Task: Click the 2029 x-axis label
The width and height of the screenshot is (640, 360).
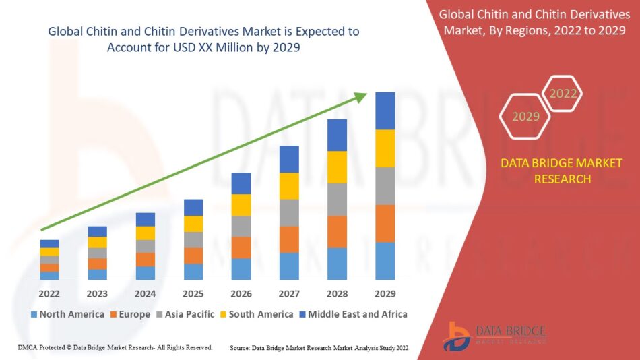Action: pyautogui.click(x=385, y=294)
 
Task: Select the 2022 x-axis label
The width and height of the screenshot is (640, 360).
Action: pyautogui.click(x=49, y=294)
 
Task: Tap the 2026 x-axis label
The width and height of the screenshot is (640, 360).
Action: pyautogui.click(x=241, y=294)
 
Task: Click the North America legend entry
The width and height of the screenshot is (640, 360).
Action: pyautogui.click(x=67, y=314)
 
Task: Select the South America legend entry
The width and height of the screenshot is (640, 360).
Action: pyautogui.click(x=256, y=314)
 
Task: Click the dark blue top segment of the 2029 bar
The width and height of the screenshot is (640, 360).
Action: pyautogui.click(x=385, y=111)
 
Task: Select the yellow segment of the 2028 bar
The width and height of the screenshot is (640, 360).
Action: pyautogui.click(x=337, y=167)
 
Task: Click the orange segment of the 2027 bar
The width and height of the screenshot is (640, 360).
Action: pyautogui.click(x=289, y=239)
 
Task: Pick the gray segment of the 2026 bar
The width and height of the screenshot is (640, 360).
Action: pyautogui.click(x=241, y=226)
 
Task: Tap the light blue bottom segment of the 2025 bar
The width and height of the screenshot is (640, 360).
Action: pyautogui.click(x=193, y=272)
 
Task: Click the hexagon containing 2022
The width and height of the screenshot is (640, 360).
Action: pyautogui.click(x=563, y=94)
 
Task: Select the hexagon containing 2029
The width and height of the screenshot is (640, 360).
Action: pyautogui.click(x=525, y=117)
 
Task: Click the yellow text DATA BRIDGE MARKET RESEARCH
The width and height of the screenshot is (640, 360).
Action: pyautogui.click(x=562, y=171)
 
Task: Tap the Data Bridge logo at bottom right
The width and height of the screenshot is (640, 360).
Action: pyautogui.click(x=494, y=335)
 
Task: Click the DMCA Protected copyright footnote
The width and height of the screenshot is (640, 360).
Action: pyautogui.click(x=115, y=347)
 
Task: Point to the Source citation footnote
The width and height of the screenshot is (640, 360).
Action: pyautogui.click(x=320, y=347)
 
